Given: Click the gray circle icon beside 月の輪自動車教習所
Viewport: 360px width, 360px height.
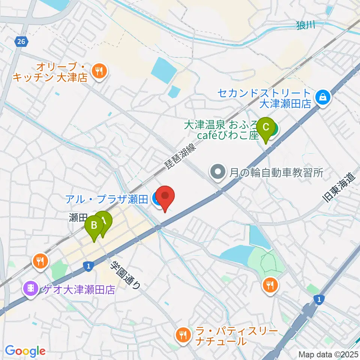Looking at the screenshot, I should point(217,172).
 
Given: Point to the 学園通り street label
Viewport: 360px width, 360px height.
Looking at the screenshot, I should point(125,275).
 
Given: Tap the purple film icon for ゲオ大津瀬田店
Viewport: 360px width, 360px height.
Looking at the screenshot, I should point(30,288).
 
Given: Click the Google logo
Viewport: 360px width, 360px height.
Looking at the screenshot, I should point(25,351).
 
